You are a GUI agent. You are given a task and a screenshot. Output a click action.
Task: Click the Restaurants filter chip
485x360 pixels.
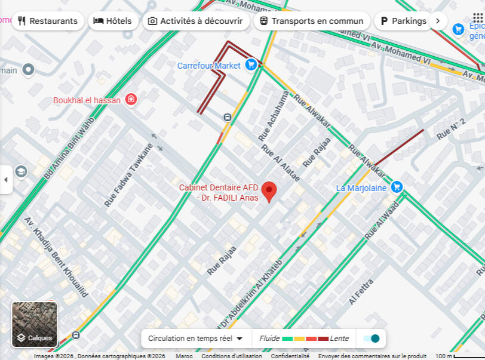click(47, 21)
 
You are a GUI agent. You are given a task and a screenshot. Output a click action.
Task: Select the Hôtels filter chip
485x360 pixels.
click(113, 21)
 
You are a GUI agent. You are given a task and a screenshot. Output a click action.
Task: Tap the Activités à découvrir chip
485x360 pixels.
click(195, 21)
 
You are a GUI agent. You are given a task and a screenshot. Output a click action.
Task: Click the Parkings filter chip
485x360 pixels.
click(404, 21)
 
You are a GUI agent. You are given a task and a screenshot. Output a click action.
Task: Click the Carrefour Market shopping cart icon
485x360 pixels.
click(251, 64)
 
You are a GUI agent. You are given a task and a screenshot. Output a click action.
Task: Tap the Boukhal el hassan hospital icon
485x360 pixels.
click(131, 100)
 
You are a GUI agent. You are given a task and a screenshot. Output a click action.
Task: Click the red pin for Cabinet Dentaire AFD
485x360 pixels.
click(269, 191)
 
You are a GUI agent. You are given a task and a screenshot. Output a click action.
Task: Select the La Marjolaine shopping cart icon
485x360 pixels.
click(397, 187)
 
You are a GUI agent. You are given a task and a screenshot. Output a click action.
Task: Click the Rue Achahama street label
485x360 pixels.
click(274, 116)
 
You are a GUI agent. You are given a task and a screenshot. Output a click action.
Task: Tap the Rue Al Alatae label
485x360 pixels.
click(279, 161)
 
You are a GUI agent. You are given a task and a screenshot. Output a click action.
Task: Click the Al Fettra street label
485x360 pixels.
click(361, 292)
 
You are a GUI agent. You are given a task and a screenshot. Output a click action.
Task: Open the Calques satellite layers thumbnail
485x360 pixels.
click(35, 324)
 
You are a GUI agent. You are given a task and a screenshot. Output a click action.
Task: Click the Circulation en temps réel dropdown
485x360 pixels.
click(195, 339)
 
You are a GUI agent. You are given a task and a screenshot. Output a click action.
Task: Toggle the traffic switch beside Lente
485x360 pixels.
click(371, 339)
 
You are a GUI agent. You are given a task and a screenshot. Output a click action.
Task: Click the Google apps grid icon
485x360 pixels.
click(478, 18)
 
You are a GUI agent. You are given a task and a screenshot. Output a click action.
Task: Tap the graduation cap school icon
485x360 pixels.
click(21, 172)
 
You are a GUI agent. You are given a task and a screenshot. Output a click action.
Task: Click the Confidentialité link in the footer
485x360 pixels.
click(290, 356)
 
